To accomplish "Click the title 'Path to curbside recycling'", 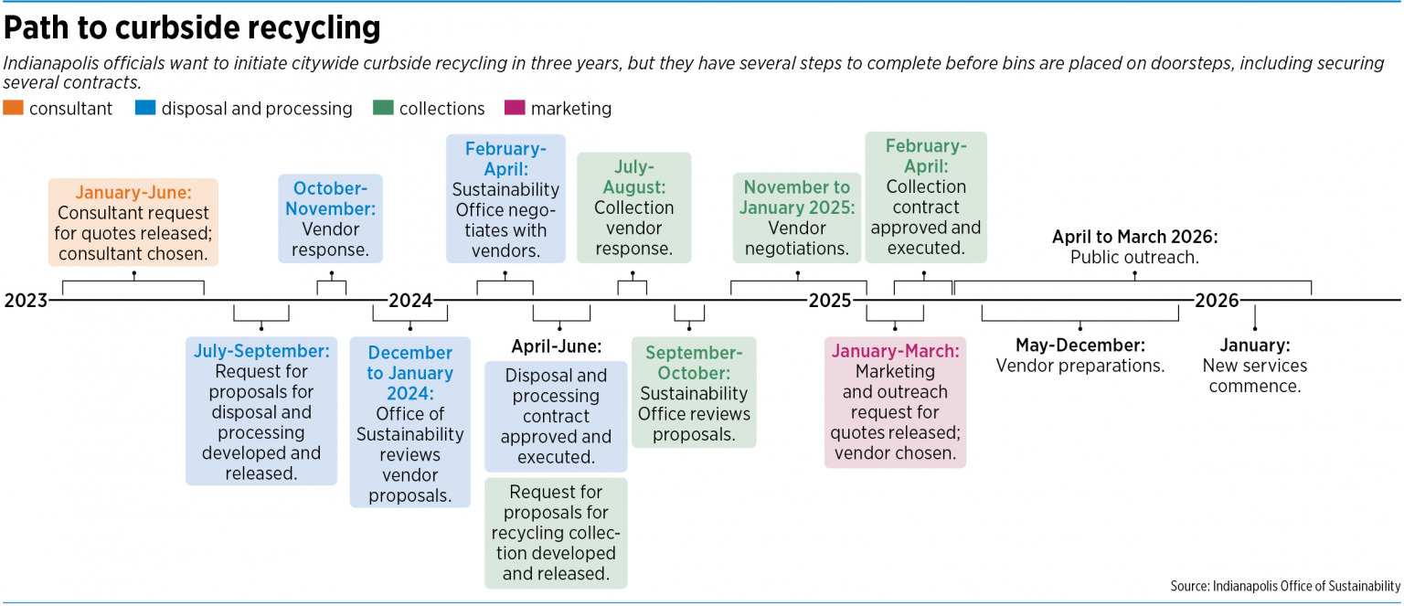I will (x=192, y=28).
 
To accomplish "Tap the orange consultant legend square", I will (x=13, y=108).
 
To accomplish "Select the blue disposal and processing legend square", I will (x=145, y=108).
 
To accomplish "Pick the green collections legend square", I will (x=383, y=108).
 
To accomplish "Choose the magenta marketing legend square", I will (x=515, y=108).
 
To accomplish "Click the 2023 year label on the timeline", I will (x=25, y=301).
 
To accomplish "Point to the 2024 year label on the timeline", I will (x=410, y=301).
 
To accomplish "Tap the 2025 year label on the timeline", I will (x=830, y=301).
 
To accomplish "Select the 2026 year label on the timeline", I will (x=1217, y=301).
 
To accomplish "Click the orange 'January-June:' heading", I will (x=133, y=193).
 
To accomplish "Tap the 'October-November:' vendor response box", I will (x=330, y=218).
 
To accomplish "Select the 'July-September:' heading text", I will (x=261, y=351).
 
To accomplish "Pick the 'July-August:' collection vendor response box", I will (x=633, y=207).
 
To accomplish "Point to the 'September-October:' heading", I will (x=694, y=363).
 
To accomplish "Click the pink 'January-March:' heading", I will (x=895, y=351).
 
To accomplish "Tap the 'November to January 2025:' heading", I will (x=797, y=197).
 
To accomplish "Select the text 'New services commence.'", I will (x=1254, y=376).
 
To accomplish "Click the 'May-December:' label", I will (x=1080, y=346).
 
